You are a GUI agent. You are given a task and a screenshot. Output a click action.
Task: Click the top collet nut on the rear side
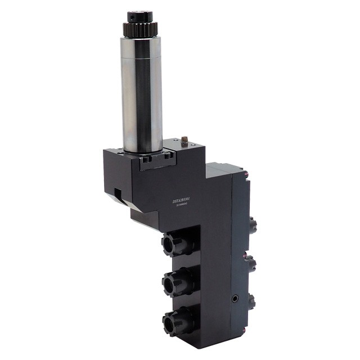(x=253, y=224)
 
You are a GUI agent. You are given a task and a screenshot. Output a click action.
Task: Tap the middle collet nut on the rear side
(x=253, y=262)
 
